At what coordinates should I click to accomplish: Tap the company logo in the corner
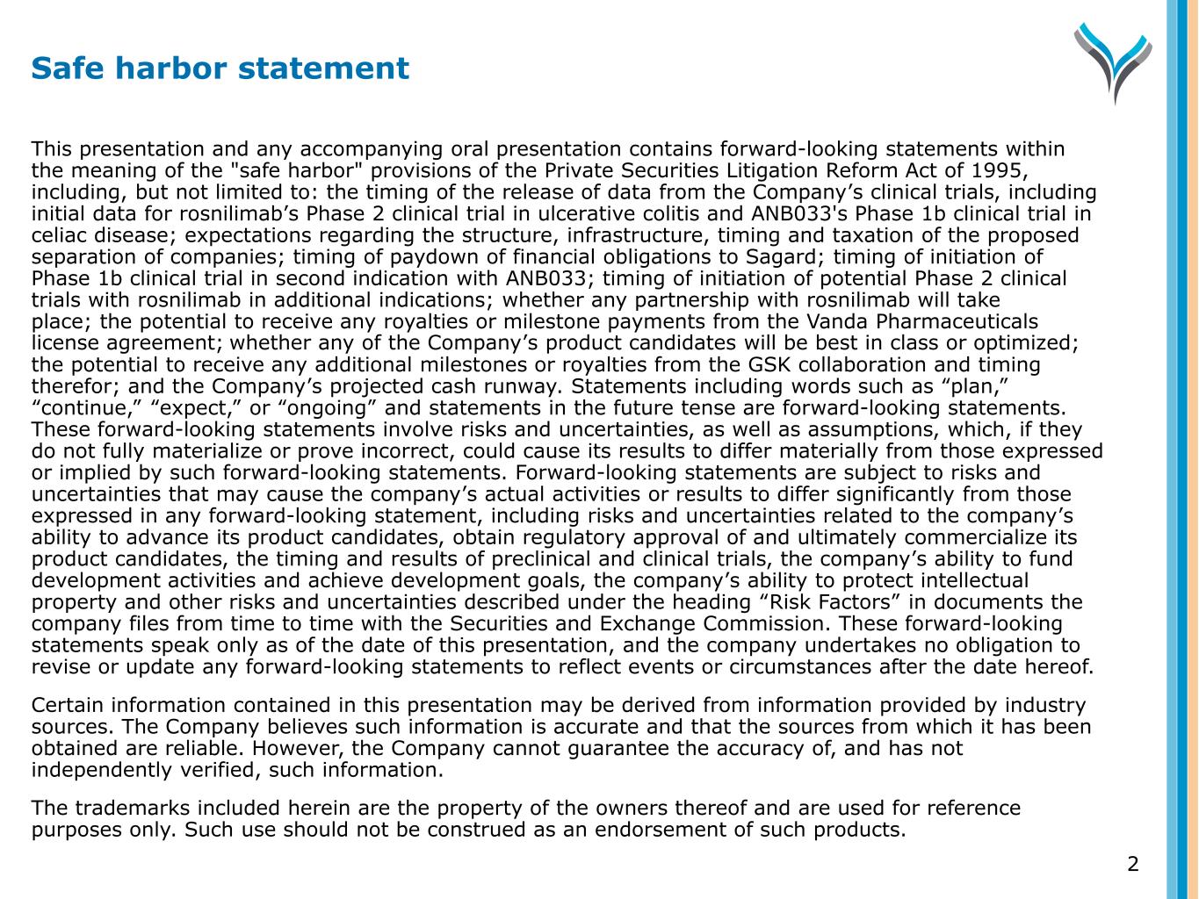(x=1112, y=61)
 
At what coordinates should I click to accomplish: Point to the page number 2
(x=1132, y=864)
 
